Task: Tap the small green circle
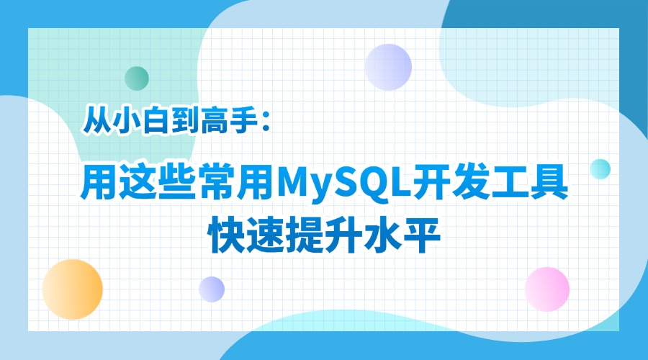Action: pyautogui.click(x=137, y=78)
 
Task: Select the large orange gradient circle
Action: pyautogui.click(x=72, y=289)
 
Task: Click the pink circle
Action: pyautogui.click(x=547, y=289)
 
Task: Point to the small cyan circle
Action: pyautogui.click(x=600, y=169)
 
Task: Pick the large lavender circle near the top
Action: pyautogui.click(x=388, y=67)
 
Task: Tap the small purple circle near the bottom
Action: pyautogui.click(x=212, y=289)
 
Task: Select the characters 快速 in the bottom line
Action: pyautogui.click(x=246, y=235)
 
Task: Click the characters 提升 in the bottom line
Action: pyautogui.click(x=324, y=235)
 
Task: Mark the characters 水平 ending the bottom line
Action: pyautogui.click(x=402, y=235)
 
